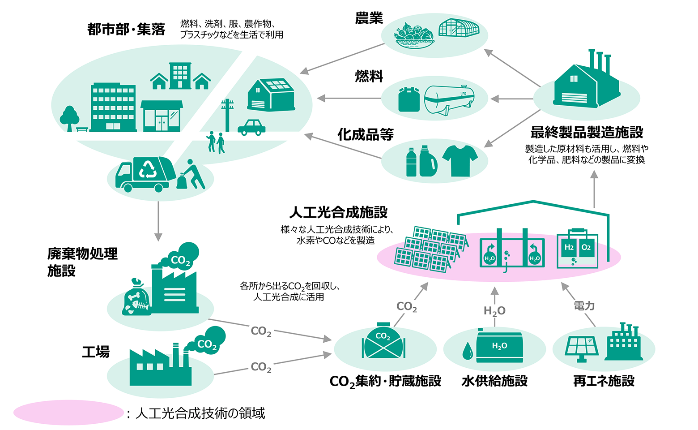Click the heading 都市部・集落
click(126, 30)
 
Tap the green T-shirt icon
click(460, 160)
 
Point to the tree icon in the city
click(69, 118)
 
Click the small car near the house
click(251, 127)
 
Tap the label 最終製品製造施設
click(587, 132)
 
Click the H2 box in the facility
click(569, 247)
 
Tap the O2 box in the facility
click(586, 247)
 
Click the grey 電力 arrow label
click(584, 306)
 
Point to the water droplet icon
click(467, 351)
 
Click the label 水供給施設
click(494, 381)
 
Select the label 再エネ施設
click(604, 381)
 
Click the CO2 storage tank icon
click(383, 342)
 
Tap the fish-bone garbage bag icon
click(136, 298)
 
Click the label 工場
click(96, 352)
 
